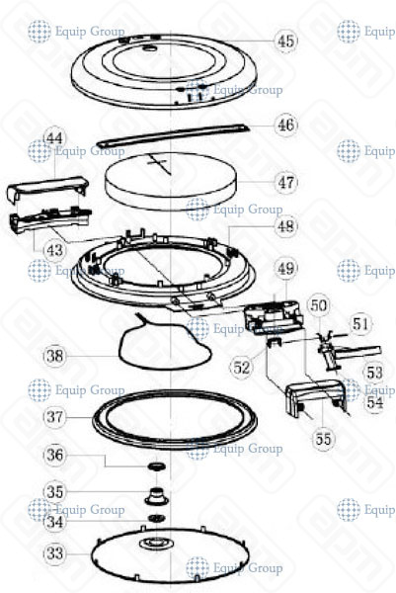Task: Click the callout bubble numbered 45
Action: tap(285, 42)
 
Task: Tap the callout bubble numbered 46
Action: tap(285, 126)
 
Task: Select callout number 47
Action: tap(285, 183)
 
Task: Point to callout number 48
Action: tap(285, 226)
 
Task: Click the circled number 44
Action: tap(53, 139)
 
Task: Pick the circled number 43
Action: tap(53, 252)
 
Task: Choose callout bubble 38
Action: tap(54, 352)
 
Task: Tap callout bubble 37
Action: tap(54, 416)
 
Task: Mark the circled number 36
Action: tap(54, 455)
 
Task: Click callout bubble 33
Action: tap(54, 554)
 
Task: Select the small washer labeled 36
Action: tap(155, 466)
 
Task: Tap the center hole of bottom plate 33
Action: tap(156, 545)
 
